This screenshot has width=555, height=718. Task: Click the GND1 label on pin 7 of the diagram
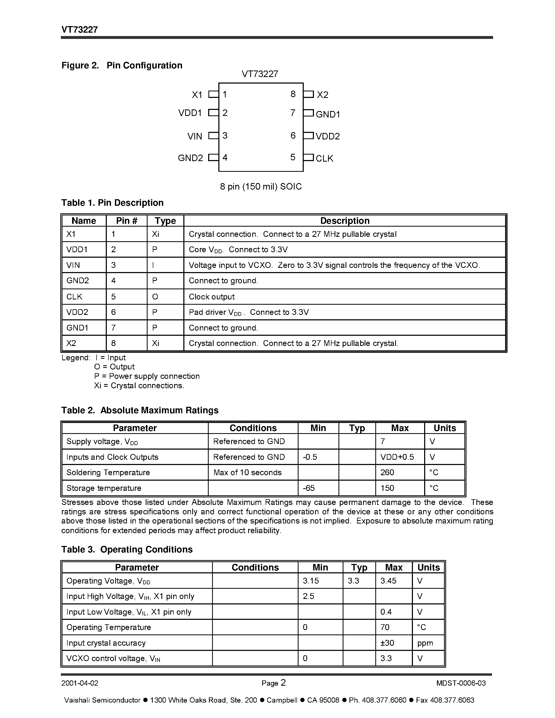pos(328,114)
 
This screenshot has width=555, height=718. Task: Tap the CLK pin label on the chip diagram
pos(324,158)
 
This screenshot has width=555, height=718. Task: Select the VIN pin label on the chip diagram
pos(195,136)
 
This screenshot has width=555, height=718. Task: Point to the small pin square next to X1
pos(214,94)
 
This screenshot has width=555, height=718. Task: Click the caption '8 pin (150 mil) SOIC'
pos(261,187)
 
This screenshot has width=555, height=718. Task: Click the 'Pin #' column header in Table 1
pos(127,221)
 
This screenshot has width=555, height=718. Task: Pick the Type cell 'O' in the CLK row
pos(155,297)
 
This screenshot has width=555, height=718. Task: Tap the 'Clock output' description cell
pos(211,297)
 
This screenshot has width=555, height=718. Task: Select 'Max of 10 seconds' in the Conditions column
pos(247,472)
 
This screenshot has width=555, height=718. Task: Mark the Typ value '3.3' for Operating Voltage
pos(353,581)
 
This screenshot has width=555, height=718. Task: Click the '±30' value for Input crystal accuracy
pos(387,643)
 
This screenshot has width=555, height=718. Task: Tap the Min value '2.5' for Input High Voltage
pos(308,596)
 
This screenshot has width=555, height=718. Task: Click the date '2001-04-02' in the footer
pos(80,683)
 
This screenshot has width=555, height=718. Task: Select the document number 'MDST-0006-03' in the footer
pos(461,683)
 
